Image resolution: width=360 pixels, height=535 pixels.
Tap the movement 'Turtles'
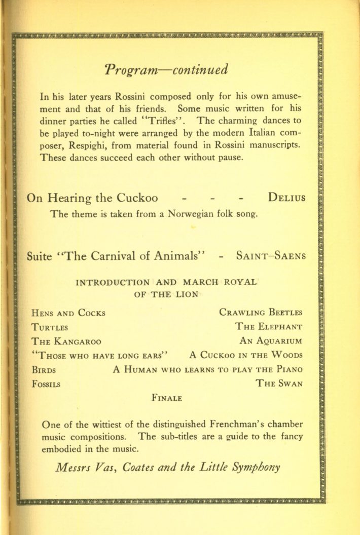tap(50, 326)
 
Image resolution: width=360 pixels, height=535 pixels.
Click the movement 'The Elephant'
tap(269, 326)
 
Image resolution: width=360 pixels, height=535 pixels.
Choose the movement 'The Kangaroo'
tap(66, 340)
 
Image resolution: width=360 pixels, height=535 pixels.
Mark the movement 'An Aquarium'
tap(271, 340)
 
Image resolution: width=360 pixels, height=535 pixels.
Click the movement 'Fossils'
tap(46, 384)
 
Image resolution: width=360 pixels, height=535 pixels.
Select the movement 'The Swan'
tap(279, 384)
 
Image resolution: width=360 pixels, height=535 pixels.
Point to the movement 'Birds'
tap(44, 369)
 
